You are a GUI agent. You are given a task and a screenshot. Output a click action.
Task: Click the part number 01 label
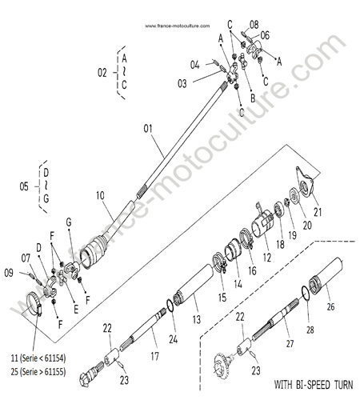(x=148, y=129)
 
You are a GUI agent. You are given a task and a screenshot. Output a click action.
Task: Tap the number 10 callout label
(x=100, y=196)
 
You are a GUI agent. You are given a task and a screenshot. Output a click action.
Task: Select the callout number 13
(x=197, y=319)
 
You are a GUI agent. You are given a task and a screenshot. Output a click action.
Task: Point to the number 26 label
(x=330, y=307)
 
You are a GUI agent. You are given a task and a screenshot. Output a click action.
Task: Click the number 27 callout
(x=290, y=343)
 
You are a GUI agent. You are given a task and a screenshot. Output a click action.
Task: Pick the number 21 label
(x=318, y=212)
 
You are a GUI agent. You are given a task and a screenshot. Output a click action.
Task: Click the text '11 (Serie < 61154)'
(x=38, y=358)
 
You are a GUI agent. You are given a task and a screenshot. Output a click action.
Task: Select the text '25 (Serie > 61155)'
(x=38, y=371)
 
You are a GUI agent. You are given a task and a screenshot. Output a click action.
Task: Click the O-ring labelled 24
(x=170, y=305)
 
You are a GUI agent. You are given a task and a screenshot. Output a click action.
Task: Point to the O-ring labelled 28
(x=306, y=293)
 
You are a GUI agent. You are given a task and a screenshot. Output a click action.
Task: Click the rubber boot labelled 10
(x=94, y=251)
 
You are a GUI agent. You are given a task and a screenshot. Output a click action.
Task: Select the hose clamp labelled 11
(x=34, y=303)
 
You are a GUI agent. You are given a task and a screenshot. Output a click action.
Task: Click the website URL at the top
(x=178, y=26)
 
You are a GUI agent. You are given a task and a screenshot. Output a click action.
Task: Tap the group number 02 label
(x=102, y=73)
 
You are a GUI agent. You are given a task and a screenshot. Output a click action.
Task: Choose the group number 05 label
(x=24, y=186)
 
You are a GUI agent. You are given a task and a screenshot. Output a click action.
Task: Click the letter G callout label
(x=69, y=222)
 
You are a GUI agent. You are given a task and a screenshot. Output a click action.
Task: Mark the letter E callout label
(x=76, y=310)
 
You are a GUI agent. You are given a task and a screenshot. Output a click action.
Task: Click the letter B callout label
(x=253, y=98)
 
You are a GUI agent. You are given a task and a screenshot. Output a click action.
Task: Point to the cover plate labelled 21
(x=305, y=182)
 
